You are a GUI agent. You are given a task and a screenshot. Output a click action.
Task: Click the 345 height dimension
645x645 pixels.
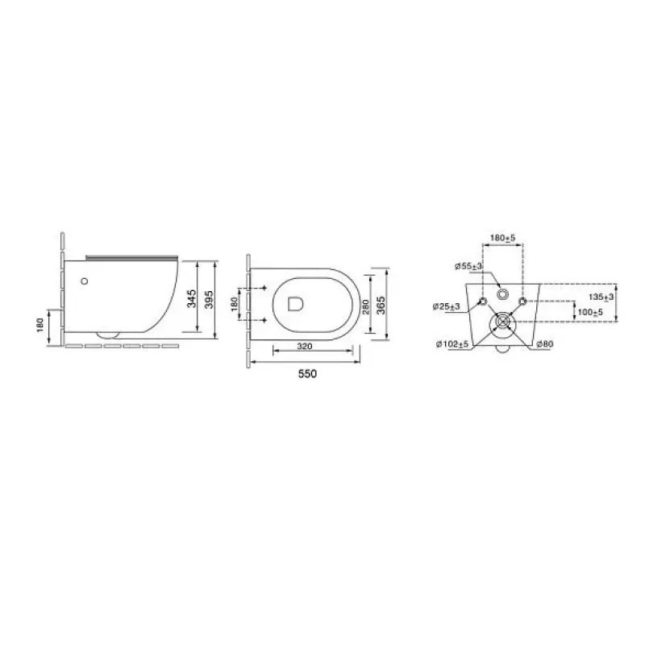(x=192, y=298)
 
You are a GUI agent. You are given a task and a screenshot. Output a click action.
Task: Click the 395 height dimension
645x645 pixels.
(x=209, y=300)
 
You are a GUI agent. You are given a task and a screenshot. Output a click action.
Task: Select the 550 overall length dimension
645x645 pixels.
(x=307, y=373)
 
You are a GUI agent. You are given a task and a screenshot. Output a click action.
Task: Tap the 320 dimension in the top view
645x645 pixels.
(x=305, y=347)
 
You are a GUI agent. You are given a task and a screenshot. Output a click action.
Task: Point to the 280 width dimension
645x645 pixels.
(x=366, y=306)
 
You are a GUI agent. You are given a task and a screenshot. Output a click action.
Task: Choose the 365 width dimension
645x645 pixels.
(x=381, y=306)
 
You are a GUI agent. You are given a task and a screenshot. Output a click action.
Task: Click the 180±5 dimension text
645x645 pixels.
(x=502, y=238)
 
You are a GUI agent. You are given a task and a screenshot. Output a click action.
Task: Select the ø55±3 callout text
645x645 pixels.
(x=468, y=267)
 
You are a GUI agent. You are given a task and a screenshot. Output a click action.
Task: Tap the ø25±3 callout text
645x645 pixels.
(x=447, y=306)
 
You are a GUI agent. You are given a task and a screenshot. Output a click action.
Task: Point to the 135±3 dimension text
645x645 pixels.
(x=601, y=297)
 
